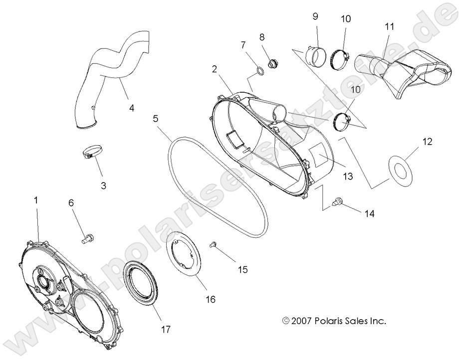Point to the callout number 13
347,176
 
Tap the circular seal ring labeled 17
140,284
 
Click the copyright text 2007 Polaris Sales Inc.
334,321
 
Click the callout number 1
35,199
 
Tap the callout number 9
315,16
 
